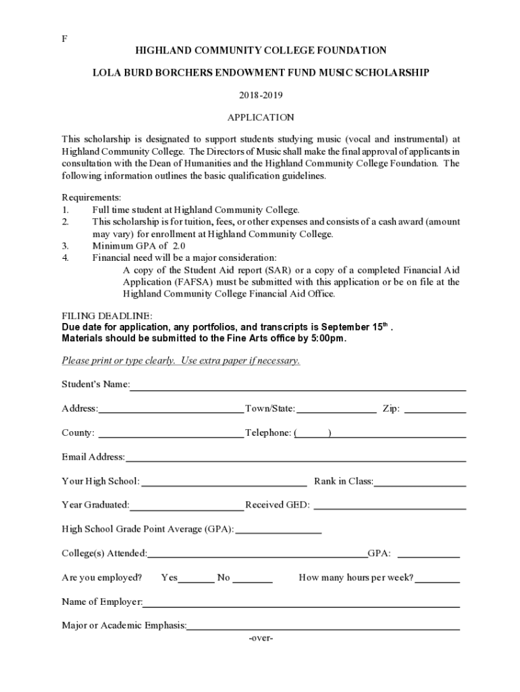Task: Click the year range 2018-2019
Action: [260, 95]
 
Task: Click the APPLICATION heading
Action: [260, 118]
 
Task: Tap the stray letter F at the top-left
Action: [65, 39]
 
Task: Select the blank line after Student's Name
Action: [298, 387]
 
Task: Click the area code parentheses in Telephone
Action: [312, 433]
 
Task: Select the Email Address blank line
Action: [295, 458]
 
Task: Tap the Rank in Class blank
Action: [420, 483]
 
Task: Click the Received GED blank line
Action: [390, 506]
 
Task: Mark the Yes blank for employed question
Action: [196, 579]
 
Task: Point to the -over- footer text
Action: [261, 638]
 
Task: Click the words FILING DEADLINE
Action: [107, 316]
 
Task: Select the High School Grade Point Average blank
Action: [278, 530]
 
